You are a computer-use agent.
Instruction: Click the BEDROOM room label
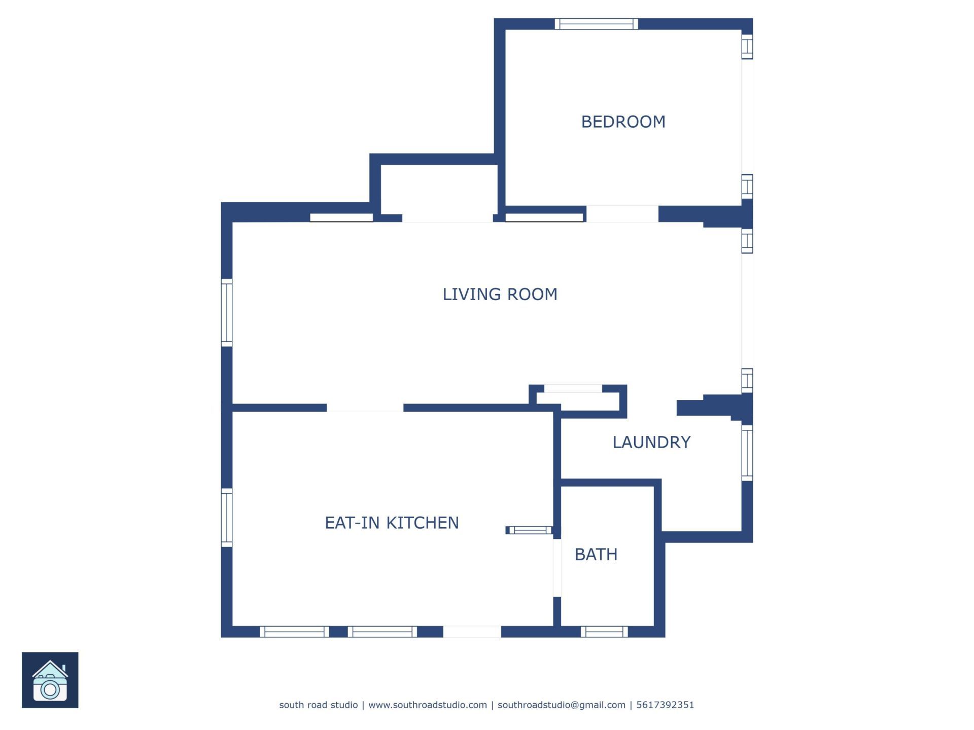623,122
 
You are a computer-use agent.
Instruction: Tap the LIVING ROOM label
500,295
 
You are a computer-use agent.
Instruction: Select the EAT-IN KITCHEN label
392,523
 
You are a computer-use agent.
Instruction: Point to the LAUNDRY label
651,443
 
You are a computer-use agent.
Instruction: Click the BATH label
596,555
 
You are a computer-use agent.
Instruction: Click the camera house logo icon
50,680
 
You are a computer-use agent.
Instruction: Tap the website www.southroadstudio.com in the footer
427,705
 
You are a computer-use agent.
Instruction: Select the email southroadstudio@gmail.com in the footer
561,705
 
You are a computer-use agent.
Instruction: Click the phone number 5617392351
665,705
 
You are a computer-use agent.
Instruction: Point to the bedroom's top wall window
596,24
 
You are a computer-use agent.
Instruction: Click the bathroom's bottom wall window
604,632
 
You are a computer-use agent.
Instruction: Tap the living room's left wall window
227,313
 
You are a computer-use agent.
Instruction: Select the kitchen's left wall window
227,518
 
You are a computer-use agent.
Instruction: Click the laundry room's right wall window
747,453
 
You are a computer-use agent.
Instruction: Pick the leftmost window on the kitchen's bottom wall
294,632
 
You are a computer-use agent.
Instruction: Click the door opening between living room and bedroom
622,214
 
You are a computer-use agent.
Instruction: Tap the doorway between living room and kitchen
365,408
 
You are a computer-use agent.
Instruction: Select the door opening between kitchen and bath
557,568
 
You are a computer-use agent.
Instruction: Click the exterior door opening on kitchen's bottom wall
472,632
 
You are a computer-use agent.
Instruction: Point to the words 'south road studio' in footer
318,705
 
